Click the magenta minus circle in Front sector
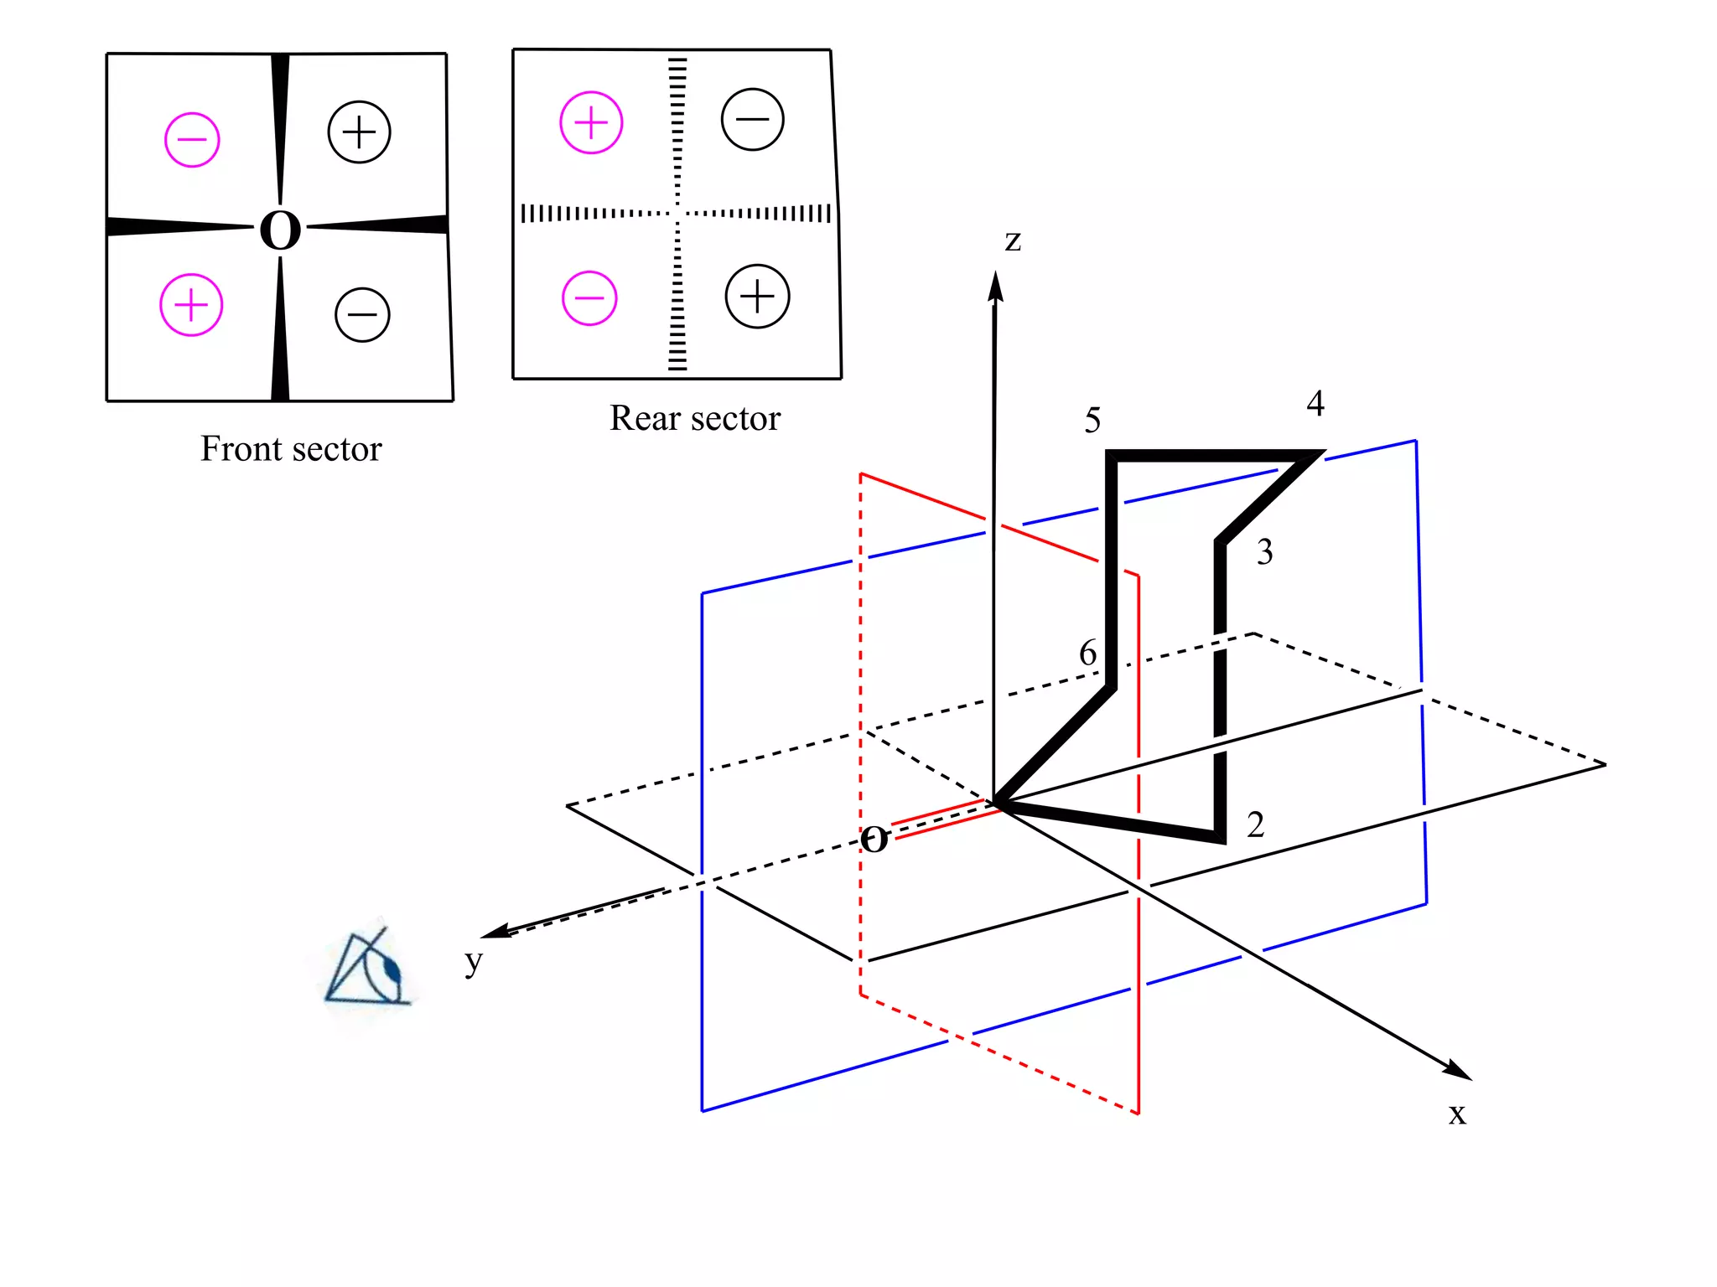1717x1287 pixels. tap(192, 139)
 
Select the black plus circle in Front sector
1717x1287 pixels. tap(359, 132)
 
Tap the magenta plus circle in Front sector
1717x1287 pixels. tap(191, 304)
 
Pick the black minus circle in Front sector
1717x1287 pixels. tap(362, 315)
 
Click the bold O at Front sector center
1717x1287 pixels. tap(280, 230)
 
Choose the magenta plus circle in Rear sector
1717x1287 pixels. tap(591, 122)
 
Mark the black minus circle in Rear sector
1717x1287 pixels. tap(752, 119)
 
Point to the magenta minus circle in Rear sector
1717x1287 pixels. tap(589, 297)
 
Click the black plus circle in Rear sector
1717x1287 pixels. tap(757, 297)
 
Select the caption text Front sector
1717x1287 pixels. tap(291, 449)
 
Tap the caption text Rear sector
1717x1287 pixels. tap(694, 418)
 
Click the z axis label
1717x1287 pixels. tap(1013, 240)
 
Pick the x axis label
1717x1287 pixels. tap(1457, 1114)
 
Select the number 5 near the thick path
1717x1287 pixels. tap(1092, 421)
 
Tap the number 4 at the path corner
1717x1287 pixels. tap(1315, 404)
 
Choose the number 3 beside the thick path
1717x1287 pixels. tap(1264, 552)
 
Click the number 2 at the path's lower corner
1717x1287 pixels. tap(1255, 825)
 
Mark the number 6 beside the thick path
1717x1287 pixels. tap(1087, 653)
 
